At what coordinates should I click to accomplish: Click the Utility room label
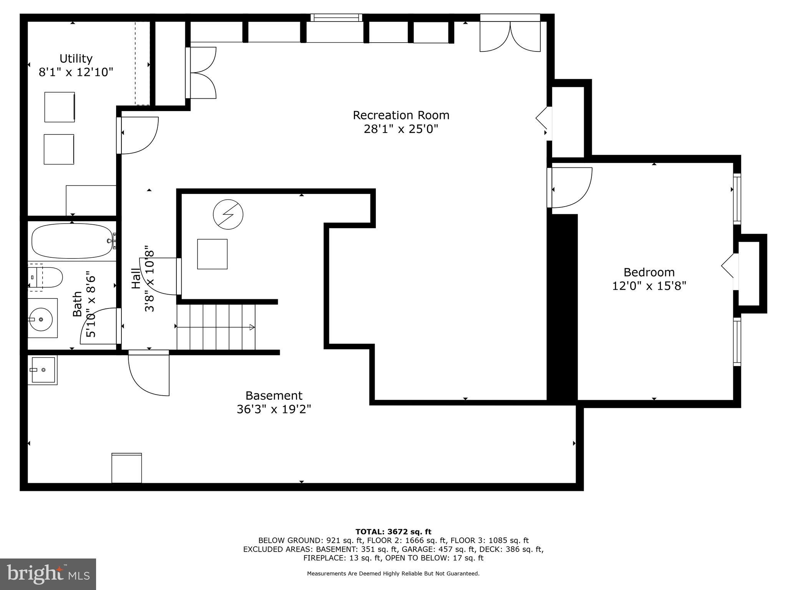point(76,59)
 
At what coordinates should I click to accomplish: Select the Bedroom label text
point(649,272)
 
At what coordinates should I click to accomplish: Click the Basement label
point(274,396)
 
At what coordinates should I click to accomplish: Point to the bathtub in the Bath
point(72,241)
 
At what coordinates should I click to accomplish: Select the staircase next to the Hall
point(216,327)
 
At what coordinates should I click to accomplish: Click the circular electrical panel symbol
point(228,214)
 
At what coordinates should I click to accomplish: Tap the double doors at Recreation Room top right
point(510,36)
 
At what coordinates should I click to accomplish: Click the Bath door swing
point(99,326)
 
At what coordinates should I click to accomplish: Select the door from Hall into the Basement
point(149,373)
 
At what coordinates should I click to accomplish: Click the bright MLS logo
point(48,574)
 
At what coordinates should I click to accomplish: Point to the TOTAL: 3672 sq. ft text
point(393,532)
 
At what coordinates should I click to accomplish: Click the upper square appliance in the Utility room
point(60,107)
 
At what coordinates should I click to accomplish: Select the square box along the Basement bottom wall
point(126,468)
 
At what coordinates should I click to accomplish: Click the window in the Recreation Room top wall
point(336,17)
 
